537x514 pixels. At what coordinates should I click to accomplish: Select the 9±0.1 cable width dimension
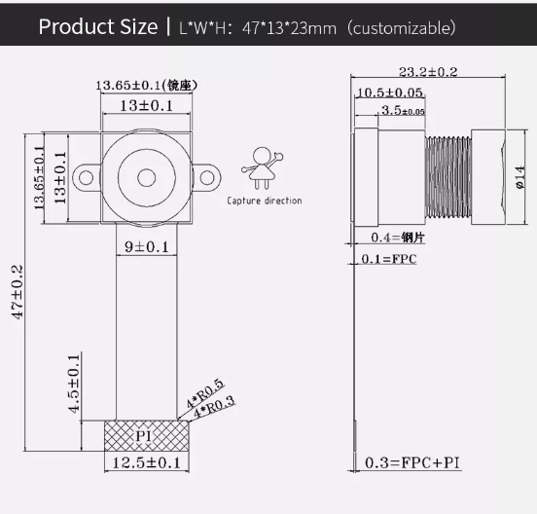click(146, 246)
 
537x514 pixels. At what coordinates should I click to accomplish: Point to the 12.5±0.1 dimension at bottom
click(146, 462)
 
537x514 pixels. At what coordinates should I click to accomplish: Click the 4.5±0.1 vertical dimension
click(74, 385)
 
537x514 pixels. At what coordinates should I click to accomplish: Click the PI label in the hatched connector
click(144, 435)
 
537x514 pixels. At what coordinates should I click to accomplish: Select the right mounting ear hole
click(206, 177)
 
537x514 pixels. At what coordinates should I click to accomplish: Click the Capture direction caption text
click(265, 201)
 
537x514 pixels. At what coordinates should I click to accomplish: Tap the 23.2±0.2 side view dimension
click(428, 71)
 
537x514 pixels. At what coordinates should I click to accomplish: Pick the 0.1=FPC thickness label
click(389, 259)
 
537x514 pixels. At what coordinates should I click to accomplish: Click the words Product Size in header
click(96, 26)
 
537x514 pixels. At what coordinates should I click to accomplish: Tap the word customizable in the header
click(401, 27)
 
